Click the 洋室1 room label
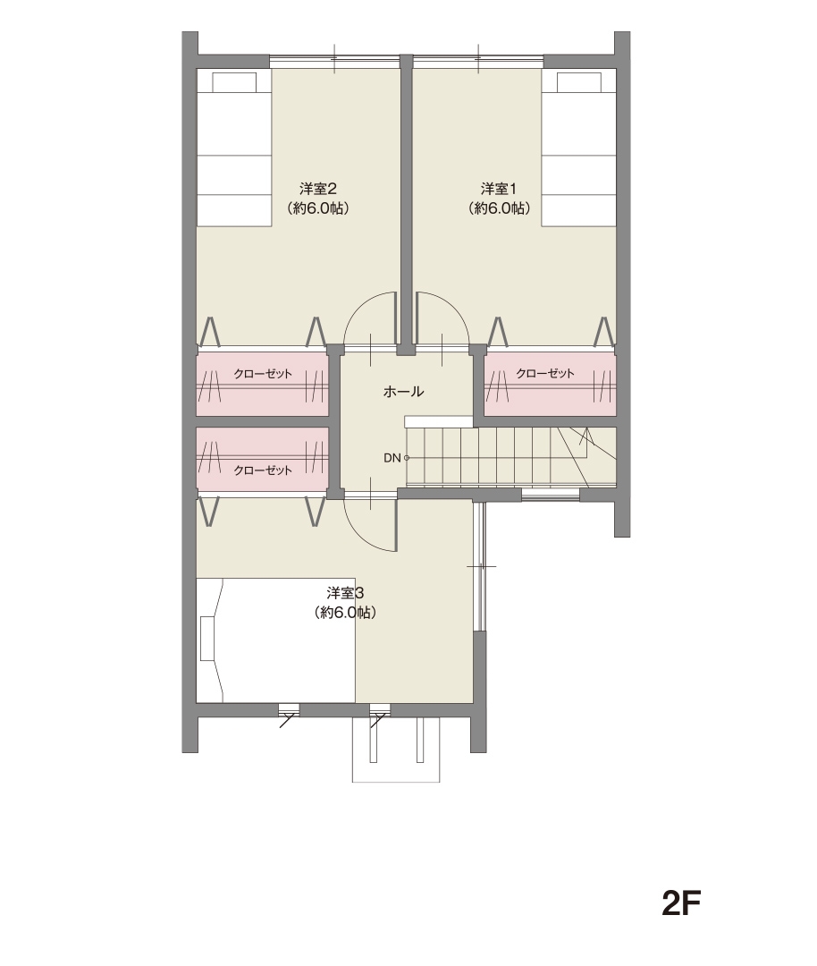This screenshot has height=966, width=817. click(498, 188)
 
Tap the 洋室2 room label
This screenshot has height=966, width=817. click(317, 188)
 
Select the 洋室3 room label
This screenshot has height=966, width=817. click(345, 593)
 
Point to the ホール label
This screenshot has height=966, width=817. click(403, 391)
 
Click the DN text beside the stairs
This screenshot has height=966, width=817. click(392, 458)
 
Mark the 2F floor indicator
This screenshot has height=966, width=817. click(681, 903)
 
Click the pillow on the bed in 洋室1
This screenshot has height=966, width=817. click(579, 82)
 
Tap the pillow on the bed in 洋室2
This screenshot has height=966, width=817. click(234, 82)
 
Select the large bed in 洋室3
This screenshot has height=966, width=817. click(275, 640)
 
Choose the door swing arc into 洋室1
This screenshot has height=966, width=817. click(453, 306)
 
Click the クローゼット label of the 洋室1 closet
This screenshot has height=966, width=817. click(545, 373)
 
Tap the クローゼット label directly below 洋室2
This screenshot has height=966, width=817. click(263, 373)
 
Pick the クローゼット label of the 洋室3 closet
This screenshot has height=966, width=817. click(263, 470)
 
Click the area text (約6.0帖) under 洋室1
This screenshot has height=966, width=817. click(499, 208)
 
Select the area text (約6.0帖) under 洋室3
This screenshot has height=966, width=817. click(345, 613)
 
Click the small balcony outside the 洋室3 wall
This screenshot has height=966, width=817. click(396, 750)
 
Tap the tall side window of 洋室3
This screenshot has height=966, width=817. click(480, 566)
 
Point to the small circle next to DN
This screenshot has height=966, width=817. click(407, 458)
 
